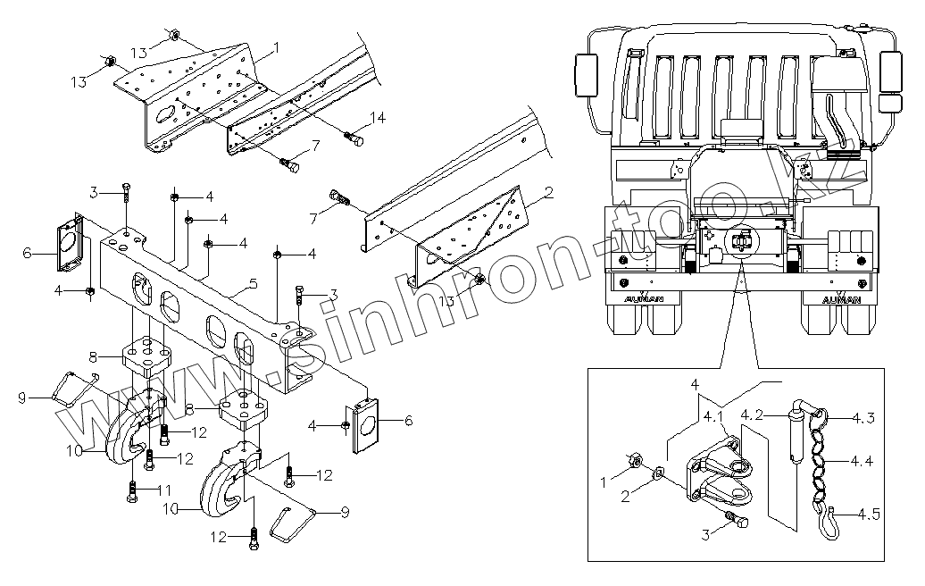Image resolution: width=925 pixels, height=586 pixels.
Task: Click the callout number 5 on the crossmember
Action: click(x=254, y=284)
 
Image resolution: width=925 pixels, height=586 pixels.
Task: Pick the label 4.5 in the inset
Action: click(x=867, y=514)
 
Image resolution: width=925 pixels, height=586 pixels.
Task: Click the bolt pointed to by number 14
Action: click(x=352, y=140)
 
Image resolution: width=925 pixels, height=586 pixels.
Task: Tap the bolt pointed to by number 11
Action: click(x=131, y=491)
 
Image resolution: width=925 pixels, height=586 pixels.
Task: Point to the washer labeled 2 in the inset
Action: click(x=658, y=472)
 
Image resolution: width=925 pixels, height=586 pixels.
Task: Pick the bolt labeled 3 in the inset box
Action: click(x=737, y=520)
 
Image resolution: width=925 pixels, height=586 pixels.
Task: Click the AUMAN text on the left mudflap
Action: click(x=641, y=299)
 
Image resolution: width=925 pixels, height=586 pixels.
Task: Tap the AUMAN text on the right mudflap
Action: click(x=840, y=299)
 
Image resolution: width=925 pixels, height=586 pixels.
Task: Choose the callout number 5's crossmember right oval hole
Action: click(x=242, y=347)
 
